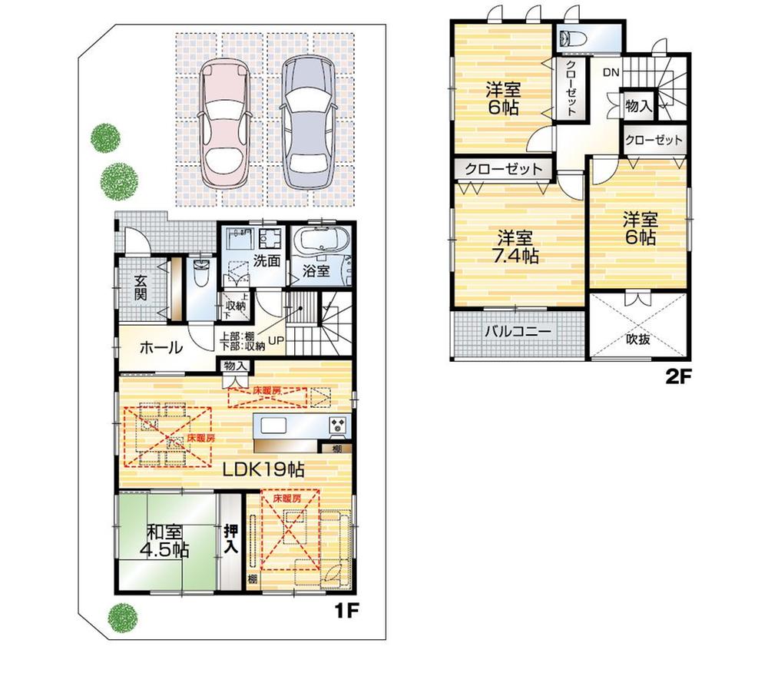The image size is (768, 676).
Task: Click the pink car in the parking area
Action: pos(225,124)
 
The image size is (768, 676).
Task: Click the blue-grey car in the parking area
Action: pos(309,124)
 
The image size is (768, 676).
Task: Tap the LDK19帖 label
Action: pos(264,469)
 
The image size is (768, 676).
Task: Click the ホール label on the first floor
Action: pos(161,348)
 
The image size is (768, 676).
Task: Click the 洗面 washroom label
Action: pos(266,260)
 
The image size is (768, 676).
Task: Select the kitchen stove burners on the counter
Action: pos(339,425)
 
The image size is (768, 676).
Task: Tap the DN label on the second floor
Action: pos(611,73)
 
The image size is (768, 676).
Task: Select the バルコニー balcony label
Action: pos(517,333)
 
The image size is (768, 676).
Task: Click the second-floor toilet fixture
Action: pos(572,38)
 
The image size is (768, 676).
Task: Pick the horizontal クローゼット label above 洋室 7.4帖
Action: pos(503,169)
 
